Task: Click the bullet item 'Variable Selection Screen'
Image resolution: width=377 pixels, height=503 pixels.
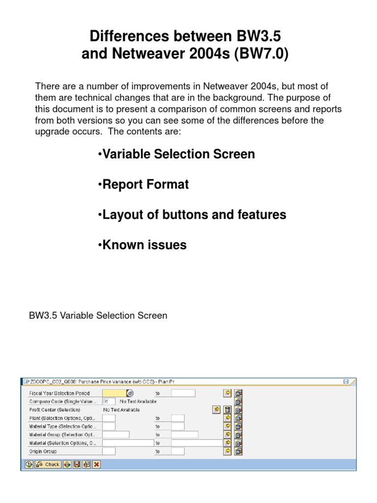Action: [x=176, y=154]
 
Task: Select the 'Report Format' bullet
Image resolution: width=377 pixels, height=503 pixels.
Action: [x=143, y=185]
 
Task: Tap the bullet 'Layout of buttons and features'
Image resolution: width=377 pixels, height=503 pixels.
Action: [x=192, y=215]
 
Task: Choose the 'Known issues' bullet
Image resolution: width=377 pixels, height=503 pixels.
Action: [x=142, y=245]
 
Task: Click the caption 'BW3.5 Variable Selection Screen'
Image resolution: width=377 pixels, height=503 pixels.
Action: [x=98, y=315]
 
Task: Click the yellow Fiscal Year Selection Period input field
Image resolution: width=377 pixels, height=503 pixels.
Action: [x=114, y=393]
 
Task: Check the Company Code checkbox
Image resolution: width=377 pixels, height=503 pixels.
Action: [x=106, y=401]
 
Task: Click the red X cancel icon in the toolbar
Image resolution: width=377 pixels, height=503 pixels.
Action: [x=96, y=464]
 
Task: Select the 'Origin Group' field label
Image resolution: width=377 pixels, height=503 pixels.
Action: [x=43, y=451]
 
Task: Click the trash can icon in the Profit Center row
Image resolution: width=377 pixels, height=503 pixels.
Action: [x=227, y=410]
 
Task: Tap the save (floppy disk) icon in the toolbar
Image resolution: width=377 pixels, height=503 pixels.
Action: [x=77, y=464]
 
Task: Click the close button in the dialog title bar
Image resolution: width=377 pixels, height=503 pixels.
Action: [x=346, y=381]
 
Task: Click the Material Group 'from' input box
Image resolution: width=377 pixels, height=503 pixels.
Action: [x=115, y=434]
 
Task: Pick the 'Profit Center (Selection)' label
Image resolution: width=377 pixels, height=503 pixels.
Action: [x=55, y=410]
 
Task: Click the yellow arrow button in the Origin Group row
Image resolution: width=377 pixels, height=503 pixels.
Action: [x=227, y=451]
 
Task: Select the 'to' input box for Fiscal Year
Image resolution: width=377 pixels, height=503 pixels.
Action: [x=183, y=393]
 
